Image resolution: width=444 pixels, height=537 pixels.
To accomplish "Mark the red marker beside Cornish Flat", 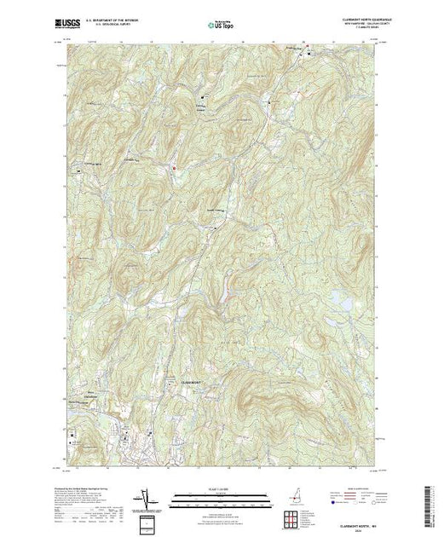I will point(174,168).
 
